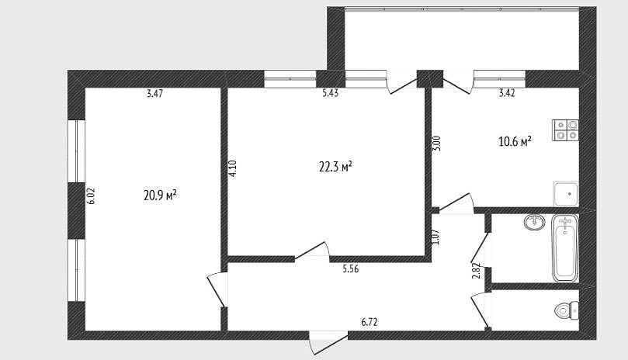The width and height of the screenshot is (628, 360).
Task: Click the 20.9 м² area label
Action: (160, 196)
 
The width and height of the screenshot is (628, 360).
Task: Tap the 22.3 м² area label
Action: (335, 166)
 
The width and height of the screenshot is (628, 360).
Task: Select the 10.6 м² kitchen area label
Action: (515, 141)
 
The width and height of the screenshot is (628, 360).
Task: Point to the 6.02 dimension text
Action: (91, 196)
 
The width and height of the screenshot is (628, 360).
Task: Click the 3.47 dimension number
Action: (154, 94)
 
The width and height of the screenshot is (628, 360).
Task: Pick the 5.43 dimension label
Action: (331, 93)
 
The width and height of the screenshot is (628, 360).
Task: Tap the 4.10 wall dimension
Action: (233, 168)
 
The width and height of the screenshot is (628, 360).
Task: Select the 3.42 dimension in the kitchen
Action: (507, 93)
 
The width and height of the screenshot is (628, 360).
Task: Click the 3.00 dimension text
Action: (436, 144)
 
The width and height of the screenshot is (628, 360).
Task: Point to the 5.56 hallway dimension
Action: (350, 269)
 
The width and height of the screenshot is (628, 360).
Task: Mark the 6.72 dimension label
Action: (370, 322)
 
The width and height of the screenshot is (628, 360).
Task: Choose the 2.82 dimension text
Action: (476, 271)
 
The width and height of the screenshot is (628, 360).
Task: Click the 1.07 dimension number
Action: (436, 237)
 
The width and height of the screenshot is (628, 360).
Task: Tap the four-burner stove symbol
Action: (566, 130)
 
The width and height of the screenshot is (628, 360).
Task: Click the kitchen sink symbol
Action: (566, 194)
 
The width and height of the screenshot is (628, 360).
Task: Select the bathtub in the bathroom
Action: (565, 248)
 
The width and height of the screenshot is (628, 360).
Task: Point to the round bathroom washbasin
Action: (534, 221)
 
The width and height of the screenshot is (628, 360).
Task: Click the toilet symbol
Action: (567, 310)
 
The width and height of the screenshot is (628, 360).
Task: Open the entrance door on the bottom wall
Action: (328, 342)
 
